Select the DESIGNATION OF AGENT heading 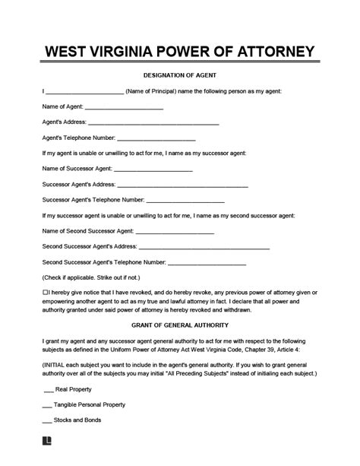pos(179,76)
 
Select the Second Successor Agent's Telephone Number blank pos(206,263)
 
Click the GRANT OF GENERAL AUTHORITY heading pos(179,326)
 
